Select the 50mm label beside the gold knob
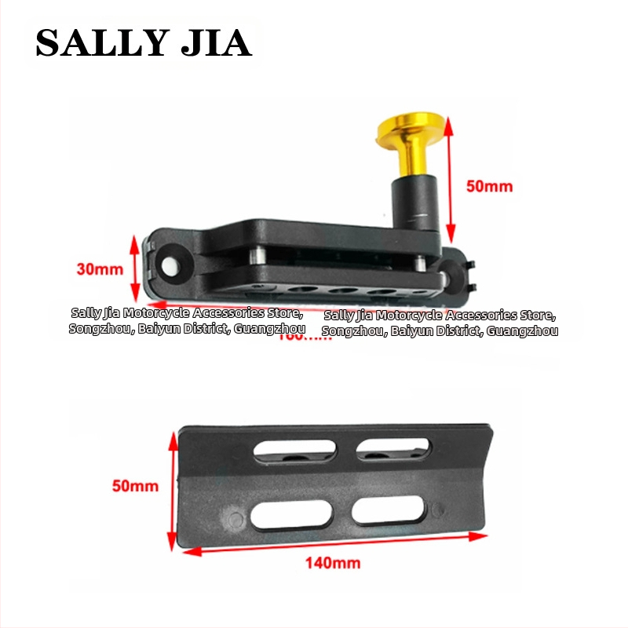[489, 186]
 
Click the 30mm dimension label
[100, 269]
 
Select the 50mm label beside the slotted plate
[135, 486]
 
